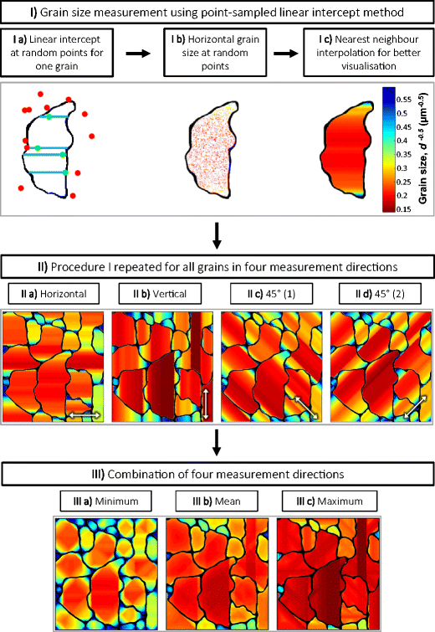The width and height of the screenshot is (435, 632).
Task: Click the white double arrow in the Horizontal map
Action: point(84,414)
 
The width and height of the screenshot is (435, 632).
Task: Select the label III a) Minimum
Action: point(105,502)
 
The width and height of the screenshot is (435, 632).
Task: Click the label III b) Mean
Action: point(216,502)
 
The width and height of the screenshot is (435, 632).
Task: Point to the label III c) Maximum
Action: point(328,502)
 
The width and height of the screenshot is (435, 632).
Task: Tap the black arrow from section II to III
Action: point(217,446)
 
